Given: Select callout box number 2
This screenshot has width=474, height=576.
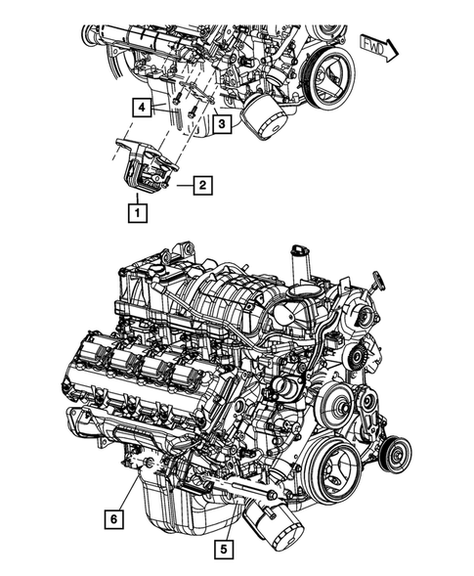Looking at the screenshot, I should (x=202, y=183).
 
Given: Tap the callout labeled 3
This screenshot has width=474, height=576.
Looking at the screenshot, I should (x=222, y=125).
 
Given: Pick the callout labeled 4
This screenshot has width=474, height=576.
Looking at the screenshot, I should (x=143, y=108).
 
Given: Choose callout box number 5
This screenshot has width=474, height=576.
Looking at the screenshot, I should (x=226, y=549).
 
